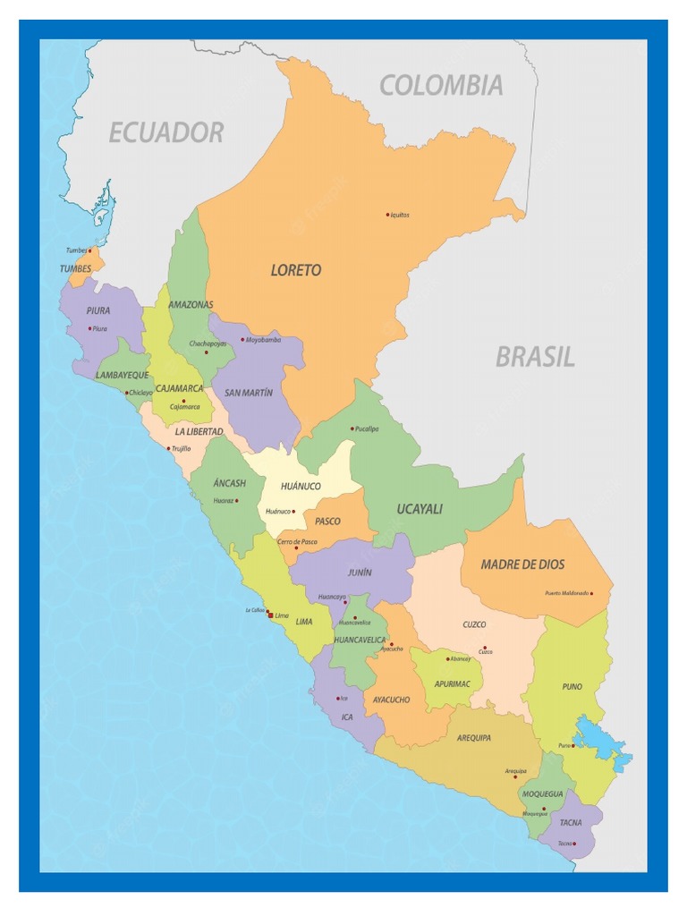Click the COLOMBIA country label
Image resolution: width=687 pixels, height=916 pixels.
point(441,86)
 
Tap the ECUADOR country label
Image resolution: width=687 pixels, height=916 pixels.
point(165,133)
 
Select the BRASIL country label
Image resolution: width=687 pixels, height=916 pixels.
point(535,358)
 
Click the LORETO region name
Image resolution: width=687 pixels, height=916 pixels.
point(296,270)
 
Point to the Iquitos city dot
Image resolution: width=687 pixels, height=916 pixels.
point(387,215)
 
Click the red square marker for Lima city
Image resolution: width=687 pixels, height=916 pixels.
point(270,615)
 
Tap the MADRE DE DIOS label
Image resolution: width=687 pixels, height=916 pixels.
point(522,564)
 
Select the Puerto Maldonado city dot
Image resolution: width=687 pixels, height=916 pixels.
point(591,593)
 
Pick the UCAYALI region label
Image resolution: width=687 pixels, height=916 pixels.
point(420,509)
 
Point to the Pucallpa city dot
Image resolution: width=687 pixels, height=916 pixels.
point(352,428)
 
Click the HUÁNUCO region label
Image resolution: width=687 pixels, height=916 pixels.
point(301,486)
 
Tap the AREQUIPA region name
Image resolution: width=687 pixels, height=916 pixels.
point(473,738)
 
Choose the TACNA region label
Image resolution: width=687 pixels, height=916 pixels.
point(570,823)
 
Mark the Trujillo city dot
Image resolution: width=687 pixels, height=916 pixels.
point(168,448)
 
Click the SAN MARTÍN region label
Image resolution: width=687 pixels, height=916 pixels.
point(249,393)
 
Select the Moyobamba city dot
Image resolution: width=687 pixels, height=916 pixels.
point(242,340)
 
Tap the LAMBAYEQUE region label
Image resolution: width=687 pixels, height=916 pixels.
point(123,376)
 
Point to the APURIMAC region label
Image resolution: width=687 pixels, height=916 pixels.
point(452,683)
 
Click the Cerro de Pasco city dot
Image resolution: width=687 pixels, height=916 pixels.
point(296,548)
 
